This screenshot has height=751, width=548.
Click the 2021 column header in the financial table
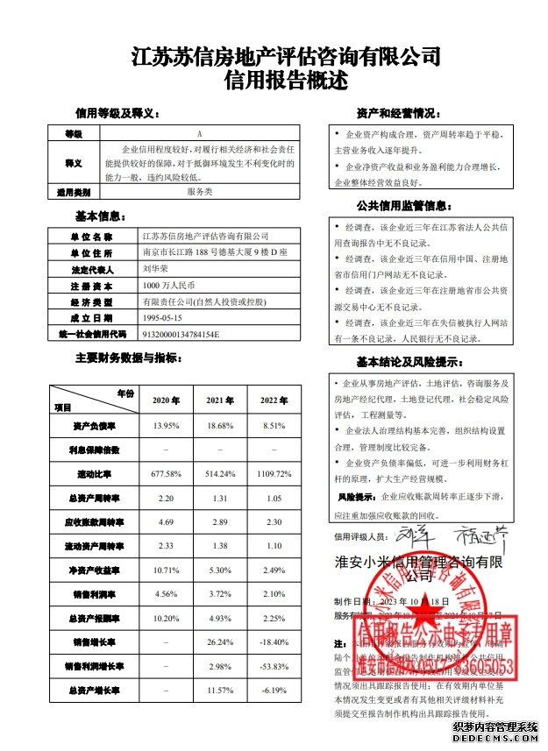(220, 400)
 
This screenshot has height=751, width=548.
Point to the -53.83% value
(274, 667)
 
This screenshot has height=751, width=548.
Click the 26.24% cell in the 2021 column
(220, 642)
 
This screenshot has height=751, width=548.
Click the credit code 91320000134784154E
(179, 334)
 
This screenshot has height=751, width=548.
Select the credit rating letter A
(199, 134)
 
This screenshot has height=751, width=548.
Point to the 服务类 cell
(199, 191)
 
